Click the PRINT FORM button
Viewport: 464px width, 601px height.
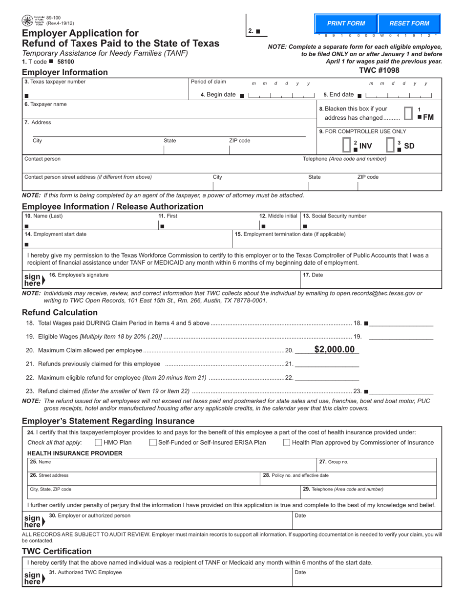346,23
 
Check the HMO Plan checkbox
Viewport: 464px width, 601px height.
98,443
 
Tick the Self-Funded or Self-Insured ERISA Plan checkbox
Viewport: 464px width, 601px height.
153,443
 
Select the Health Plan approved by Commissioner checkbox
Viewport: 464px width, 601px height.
287,443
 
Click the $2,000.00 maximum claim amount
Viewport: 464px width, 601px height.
335,349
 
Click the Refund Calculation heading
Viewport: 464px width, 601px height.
60,312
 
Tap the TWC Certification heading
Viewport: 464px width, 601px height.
57,551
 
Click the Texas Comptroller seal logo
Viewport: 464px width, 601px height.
27,21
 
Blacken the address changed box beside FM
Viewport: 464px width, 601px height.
409,113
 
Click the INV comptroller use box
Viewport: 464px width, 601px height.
346,145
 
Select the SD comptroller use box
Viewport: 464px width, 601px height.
390,145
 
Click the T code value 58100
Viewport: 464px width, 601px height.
65,62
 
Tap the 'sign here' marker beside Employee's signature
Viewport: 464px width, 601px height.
34,279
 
